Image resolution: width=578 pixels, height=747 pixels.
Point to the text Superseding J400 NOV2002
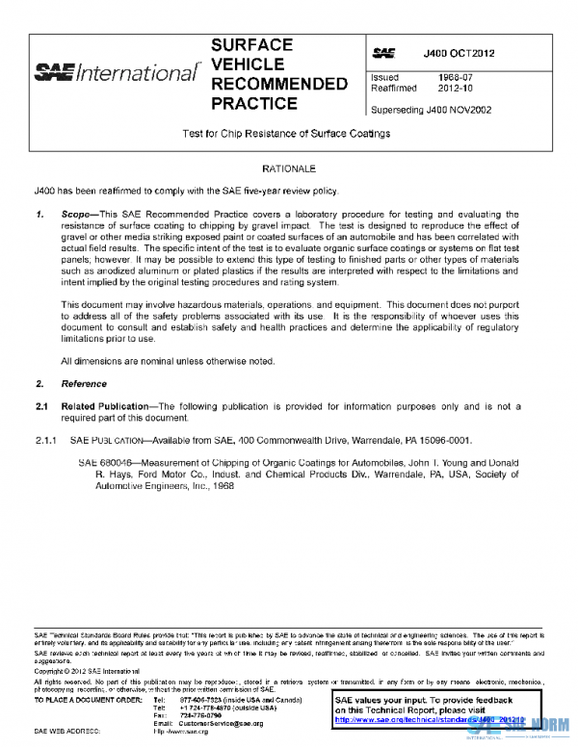[431, 110]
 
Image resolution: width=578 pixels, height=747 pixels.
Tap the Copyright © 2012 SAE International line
[88, 671]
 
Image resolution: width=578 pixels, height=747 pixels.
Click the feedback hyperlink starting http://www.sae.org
[443, 718]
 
